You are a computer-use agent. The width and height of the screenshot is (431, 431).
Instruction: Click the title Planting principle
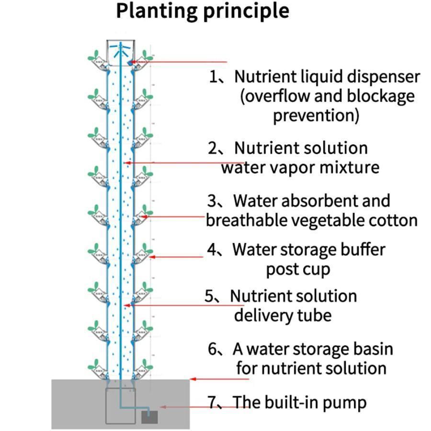click(203, 11)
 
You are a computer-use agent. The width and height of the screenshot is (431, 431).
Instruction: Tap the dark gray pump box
click(149, 417)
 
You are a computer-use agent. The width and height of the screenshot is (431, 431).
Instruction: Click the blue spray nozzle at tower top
click(120, 48)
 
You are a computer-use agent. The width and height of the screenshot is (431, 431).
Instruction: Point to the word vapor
click(305, 168)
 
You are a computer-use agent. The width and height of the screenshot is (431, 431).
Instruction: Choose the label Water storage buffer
click(309, 250)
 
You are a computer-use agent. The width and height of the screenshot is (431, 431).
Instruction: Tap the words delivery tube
click(283, 316)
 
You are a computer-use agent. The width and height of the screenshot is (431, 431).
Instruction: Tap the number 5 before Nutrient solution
click(210, 296)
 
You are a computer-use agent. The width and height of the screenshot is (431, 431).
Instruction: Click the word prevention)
click(316, 116)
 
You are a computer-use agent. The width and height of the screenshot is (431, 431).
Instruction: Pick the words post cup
click(298, 270)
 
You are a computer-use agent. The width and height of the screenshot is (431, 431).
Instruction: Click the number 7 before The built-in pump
click(213, 402)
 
